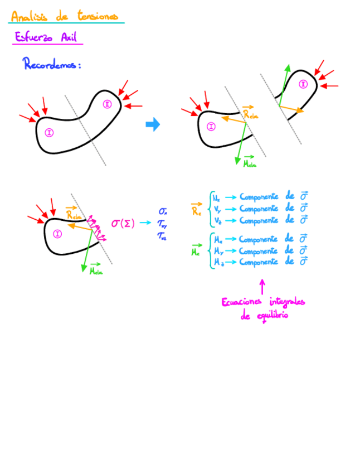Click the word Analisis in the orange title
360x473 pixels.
click(29, 17)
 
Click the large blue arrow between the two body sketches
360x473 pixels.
click(153, 124)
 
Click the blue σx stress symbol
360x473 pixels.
click(163, 212)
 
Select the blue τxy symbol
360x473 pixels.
click(163, 224)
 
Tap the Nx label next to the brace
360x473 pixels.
click(216, 197)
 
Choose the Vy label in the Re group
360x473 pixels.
click(216, 209)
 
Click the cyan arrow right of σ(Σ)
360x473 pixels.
click(146, 223)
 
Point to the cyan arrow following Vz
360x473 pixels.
click(231, 220)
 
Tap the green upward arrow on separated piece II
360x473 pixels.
click(285, 84)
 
